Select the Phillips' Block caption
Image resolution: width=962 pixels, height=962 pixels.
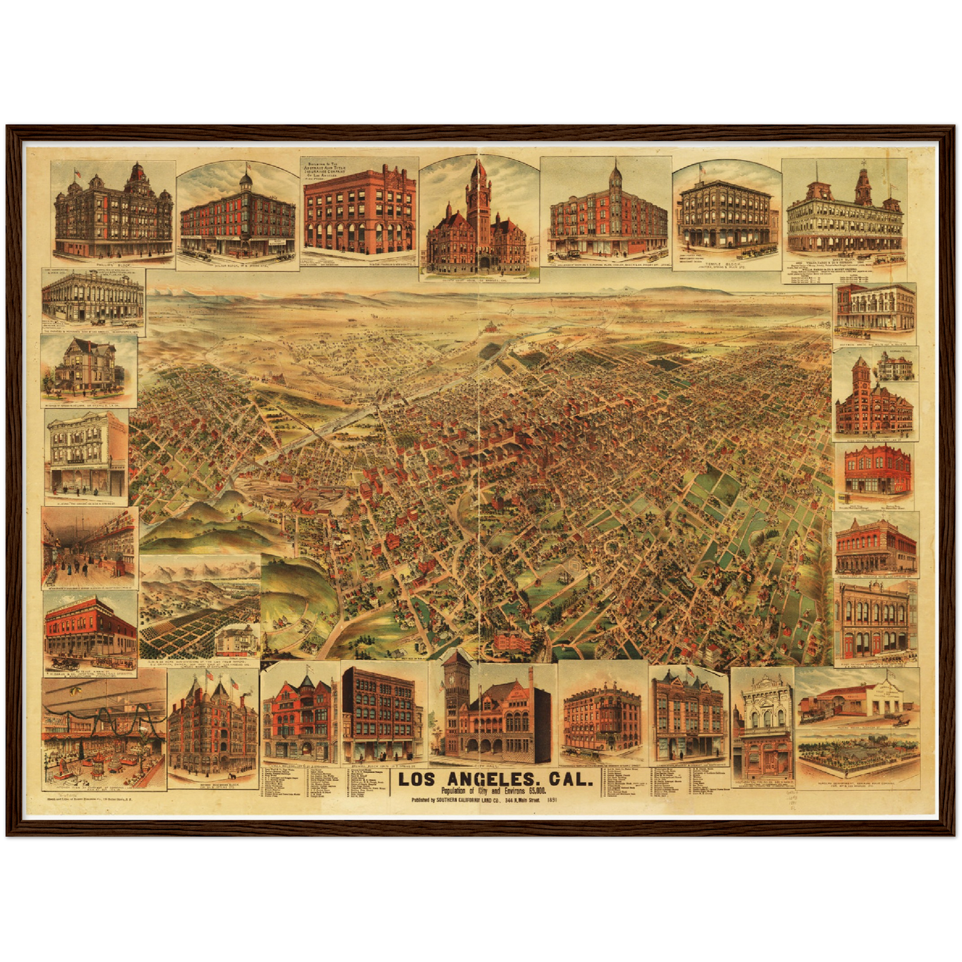point(112,264)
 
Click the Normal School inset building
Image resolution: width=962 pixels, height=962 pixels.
point(895,367)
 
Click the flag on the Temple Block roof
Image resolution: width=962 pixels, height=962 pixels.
point(701,169)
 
